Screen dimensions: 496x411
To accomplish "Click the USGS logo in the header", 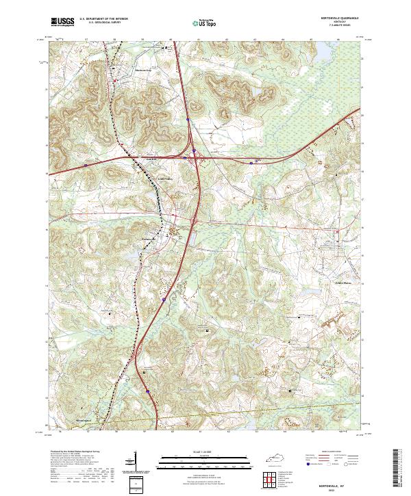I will point(63,23).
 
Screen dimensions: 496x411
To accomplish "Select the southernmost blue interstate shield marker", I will point(147,391).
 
